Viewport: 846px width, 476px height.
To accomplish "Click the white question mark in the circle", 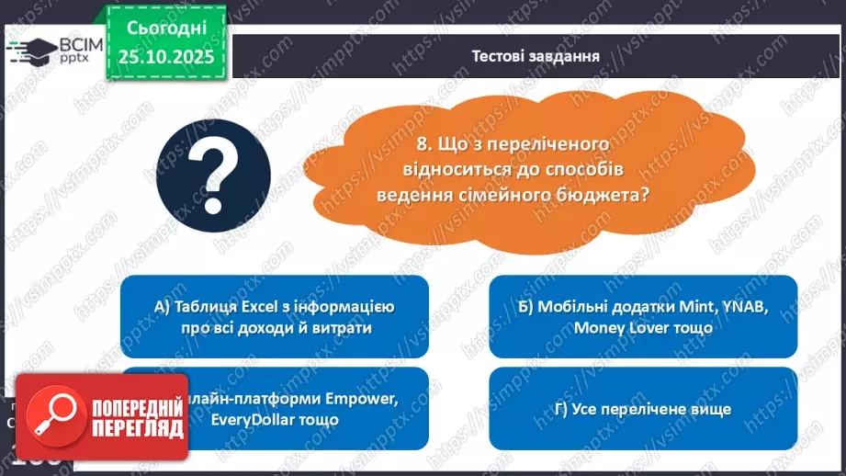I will point(213,168).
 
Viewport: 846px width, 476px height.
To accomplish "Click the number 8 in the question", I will point(421,144).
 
